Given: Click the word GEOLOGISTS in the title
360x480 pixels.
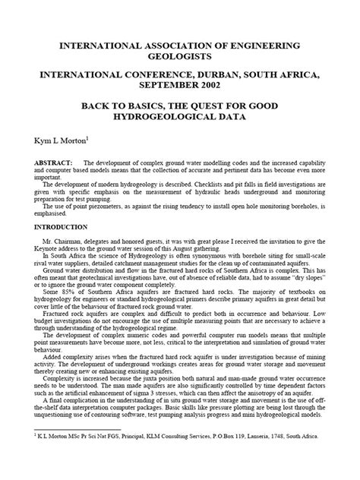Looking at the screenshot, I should pos(180,56).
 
